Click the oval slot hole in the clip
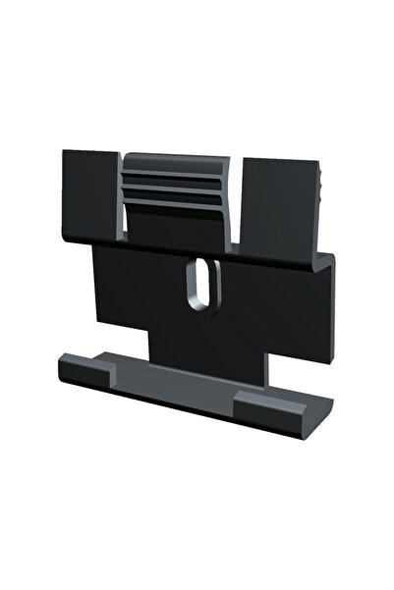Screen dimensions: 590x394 (x=200, y=283)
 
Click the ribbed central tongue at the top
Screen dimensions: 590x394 (x=178, y=187)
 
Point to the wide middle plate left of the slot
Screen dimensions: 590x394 (x=138, y=285)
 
